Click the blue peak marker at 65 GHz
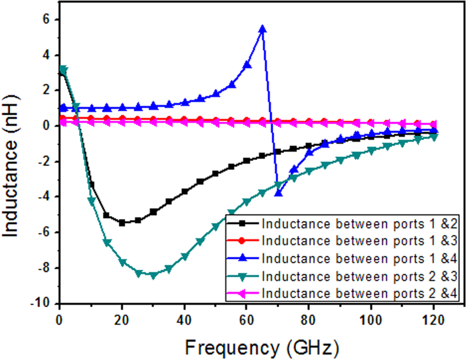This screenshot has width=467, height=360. [x=262, y=29]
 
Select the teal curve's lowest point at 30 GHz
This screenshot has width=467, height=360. [x=153, y=275]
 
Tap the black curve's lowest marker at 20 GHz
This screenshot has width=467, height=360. [x=122, y=223]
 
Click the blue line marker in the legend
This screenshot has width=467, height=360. [x=244, y=258]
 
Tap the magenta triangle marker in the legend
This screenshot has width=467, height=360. [x=244, y=293]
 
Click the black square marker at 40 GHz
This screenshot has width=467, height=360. [x=184, y=191]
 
